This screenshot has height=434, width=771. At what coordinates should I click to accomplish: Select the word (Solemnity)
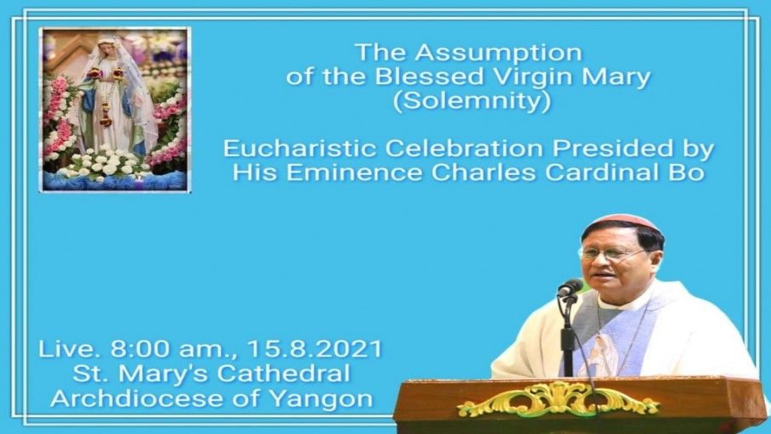pos(471,101)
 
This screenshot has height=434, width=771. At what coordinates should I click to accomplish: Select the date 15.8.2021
pos(315,349)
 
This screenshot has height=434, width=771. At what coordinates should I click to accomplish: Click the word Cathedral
pos(284,373)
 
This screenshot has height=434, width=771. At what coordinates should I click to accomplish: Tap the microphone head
pos(571,288)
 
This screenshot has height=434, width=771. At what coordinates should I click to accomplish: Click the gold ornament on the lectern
pos(558,398)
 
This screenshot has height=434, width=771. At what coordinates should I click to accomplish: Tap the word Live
pos(67,349)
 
